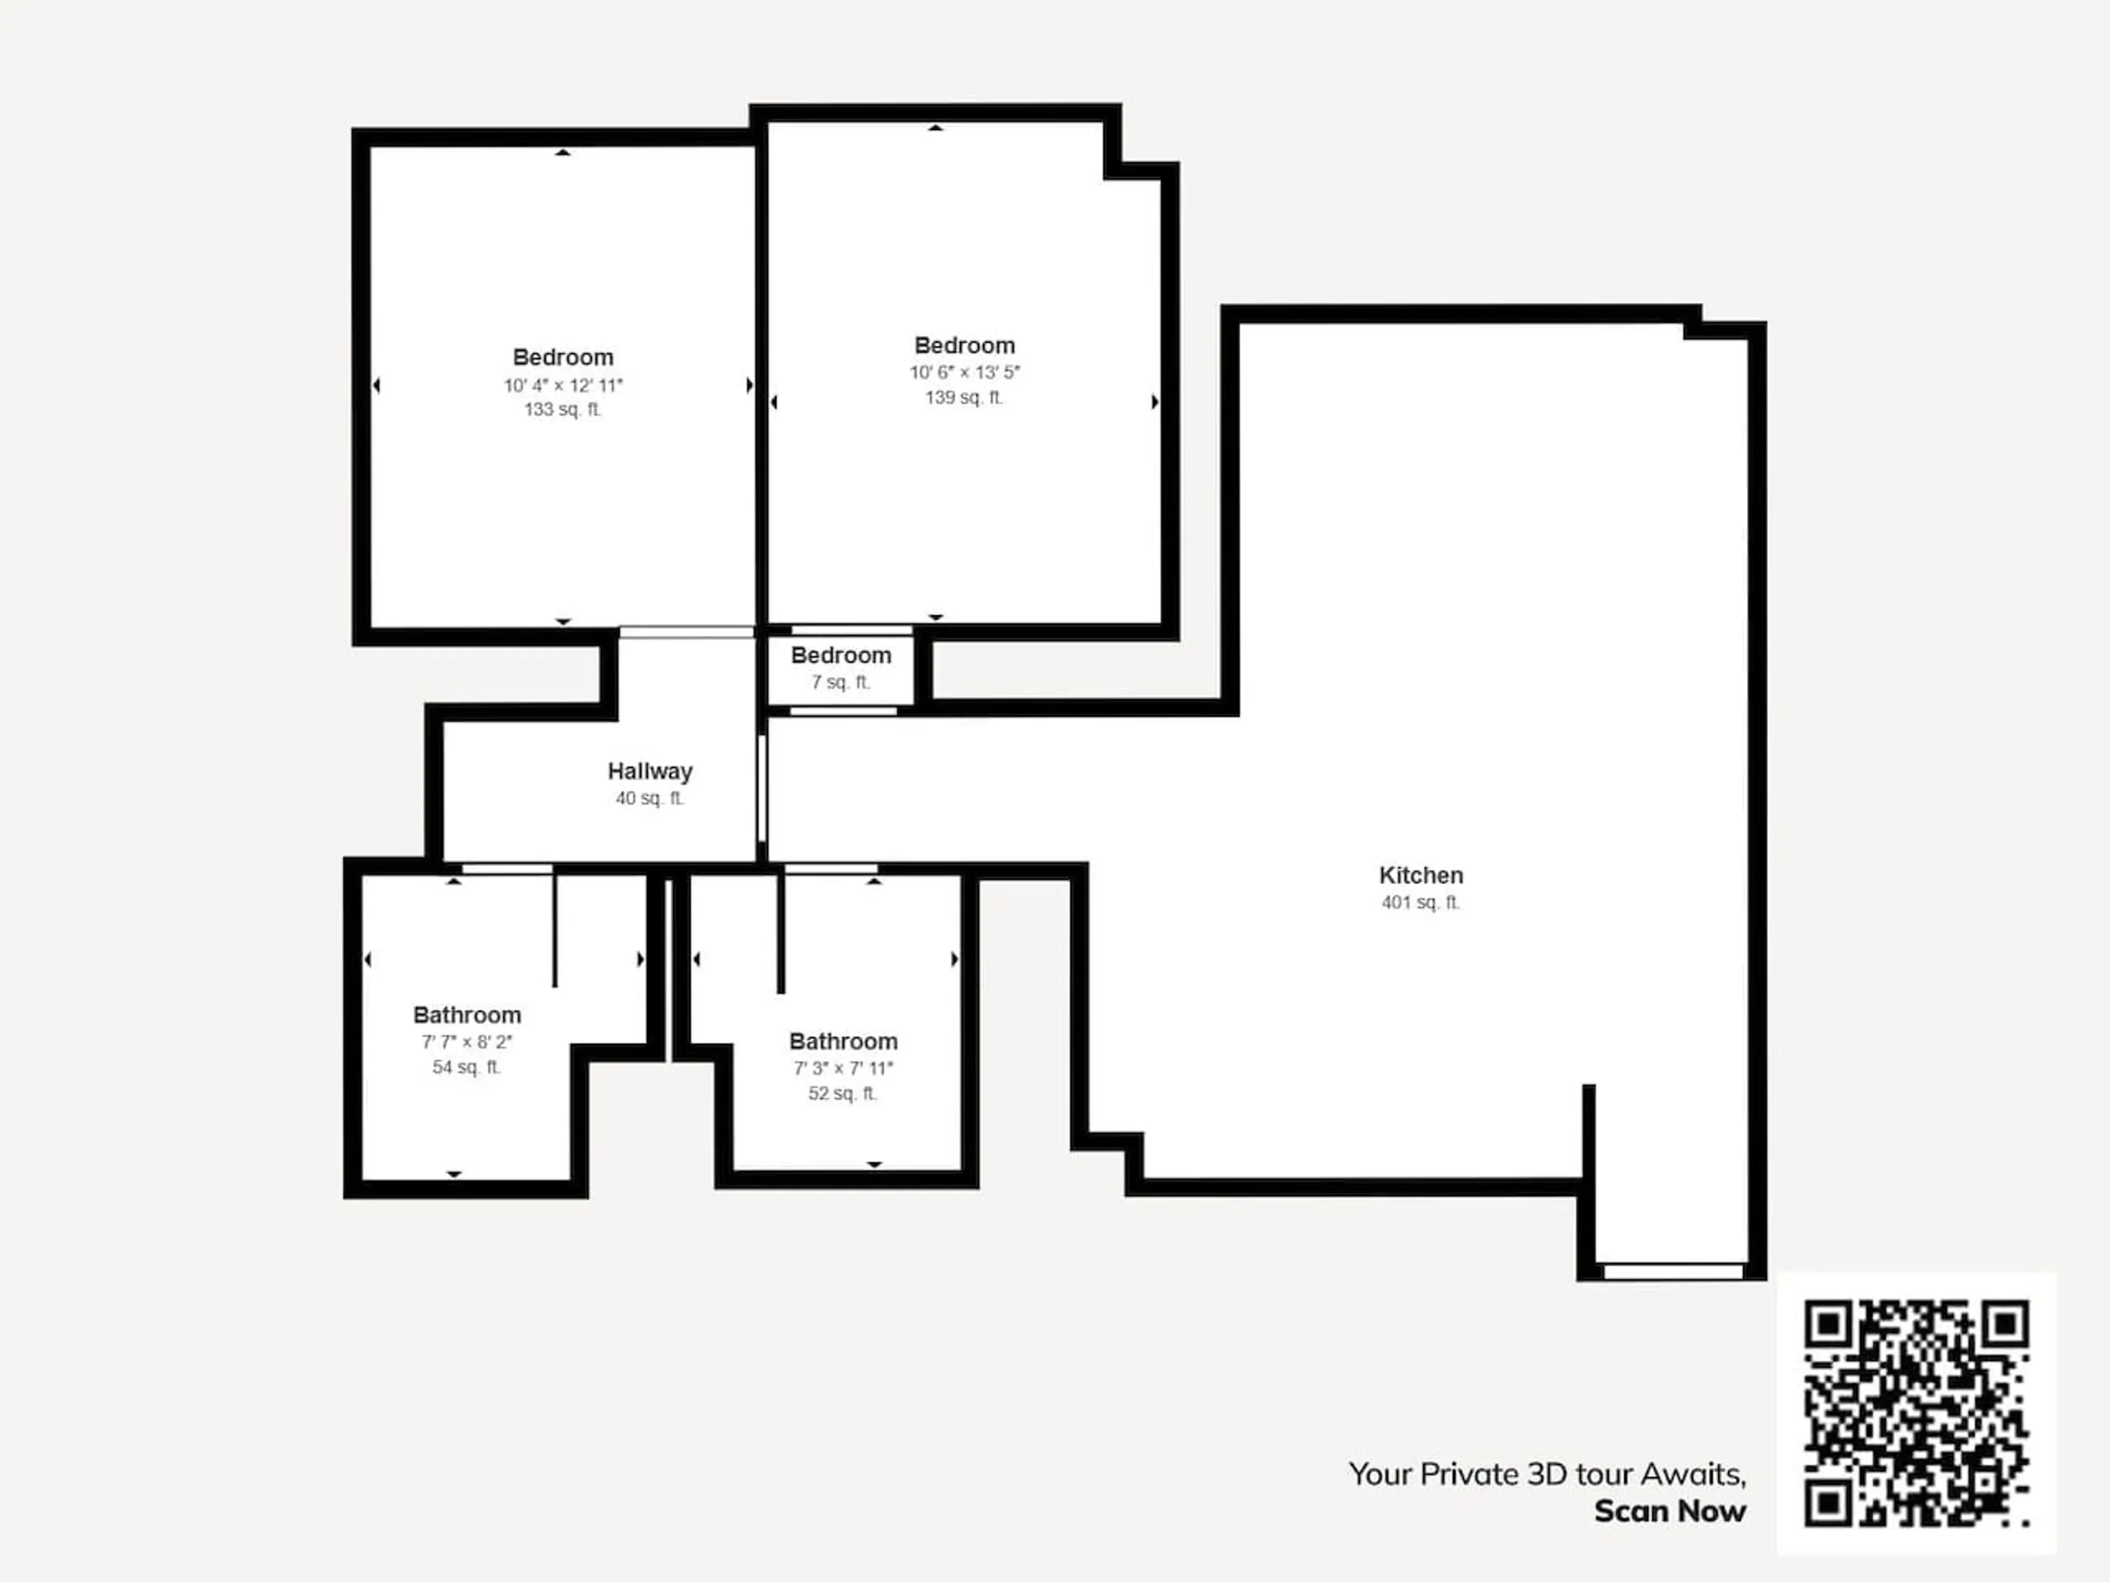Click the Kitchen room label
click(1420, 876)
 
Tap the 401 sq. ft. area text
click(1420, 902)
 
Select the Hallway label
click(649, 771)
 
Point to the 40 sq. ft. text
click(649, 798)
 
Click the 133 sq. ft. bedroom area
click(563, 409)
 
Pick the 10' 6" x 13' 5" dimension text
click(964, 372)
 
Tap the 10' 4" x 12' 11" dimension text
click(563, 385)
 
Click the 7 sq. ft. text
click(840, 682)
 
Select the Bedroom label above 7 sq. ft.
click(840, 656)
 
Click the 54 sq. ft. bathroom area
click(467, 1067)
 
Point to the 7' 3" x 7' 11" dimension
click(843, 1068)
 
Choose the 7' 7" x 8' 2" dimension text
click(467, 1042)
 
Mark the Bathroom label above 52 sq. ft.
click(843, 1041)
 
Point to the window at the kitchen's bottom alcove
click(1673, 1271)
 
